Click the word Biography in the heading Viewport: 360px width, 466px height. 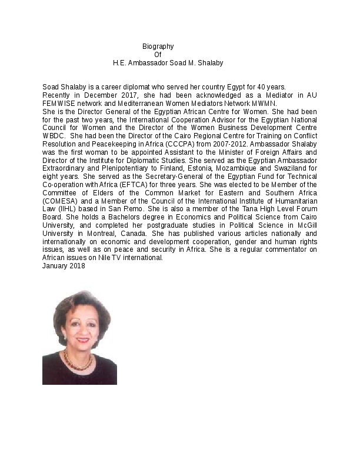click(x=158, y=46)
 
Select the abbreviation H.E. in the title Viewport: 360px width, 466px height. click(x=121, y=62)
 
